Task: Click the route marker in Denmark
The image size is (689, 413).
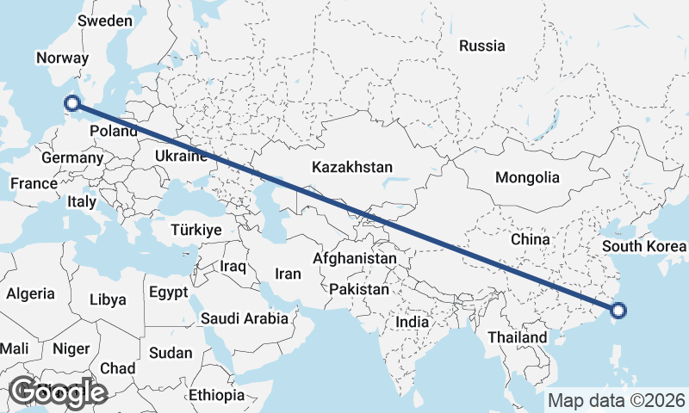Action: point(72,103)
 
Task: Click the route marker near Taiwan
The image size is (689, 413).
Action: point(618,311)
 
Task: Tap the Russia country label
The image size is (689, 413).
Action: point(481,46)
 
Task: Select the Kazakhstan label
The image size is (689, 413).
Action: point(353,167)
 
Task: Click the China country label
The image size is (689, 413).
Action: point(530,238)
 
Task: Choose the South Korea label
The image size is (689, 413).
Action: point(644,247)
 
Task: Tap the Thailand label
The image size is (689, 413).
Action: point(517,337)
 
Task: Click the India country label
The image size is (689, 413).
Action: point(412,322)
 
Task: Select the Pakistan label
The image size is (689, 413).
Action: point(359,290)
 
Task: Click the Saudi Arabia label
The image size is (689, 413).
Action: point(245,318)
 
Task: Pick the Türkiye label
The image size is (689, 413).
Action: point(196,230)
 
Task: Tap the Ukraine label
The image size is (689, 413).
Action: point(181,156)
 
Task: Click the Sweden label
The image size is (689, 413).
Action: point(105,21)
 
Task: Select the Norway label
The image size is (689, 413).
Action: point(62,58)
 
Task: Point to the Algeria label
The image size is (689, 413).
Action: point(30,293)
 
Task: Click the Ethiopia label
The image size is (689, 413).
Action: point(216,395)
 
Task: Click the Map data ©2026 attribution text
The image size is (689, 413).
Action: point(617,400)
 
